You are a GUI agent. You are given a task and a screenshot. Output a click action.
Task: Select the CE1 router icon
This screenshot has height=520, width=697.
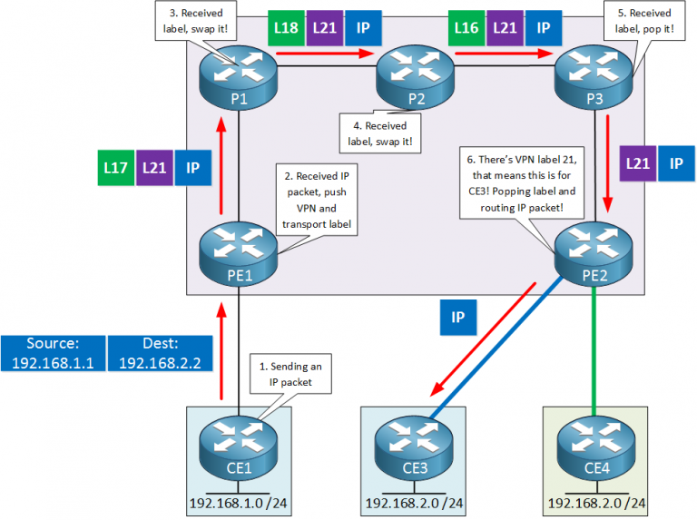238,445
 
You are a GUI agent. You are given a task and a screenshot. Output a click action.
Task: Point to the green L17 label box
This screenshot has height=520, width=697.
116,168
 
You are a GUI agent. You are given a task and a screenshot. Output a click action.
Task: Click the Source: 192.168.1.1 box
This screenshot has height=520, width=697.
52,354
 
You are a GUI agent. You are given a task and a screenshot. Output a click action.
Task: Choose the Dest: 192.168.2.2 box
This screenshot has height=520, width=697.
159,354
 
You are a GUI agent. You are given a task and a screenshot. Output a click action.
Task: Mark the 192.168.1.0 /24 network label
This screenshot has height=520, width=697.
237,504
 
